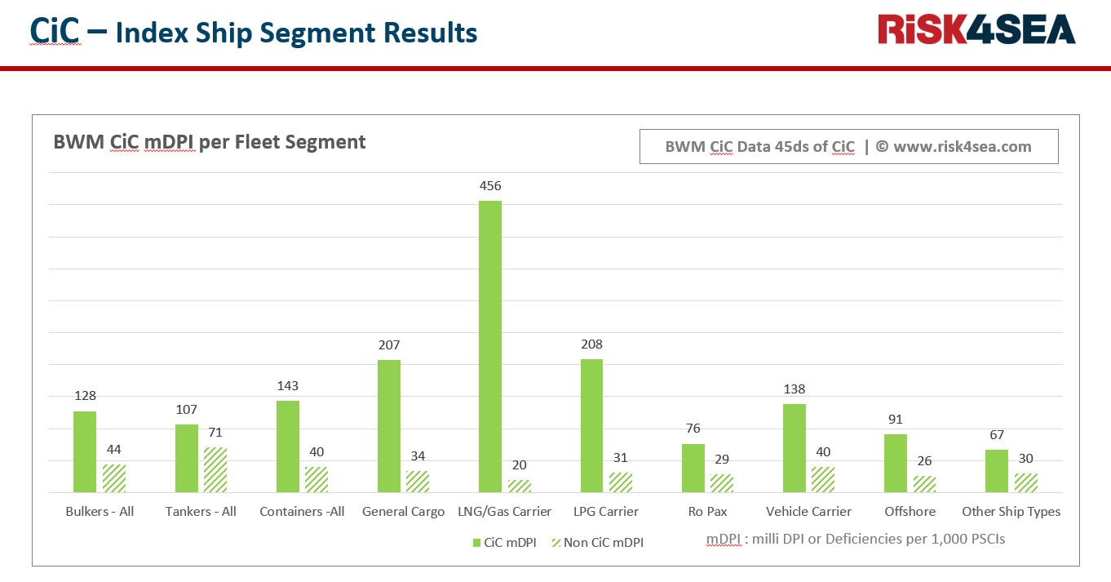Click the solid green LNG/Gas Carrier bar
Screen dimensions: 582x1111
[x=489, y=346]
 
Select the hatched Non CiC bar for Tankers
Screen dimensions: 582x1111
[x=215, y=469]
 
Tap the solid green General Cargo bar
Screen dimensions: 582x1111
[x=389, y=426]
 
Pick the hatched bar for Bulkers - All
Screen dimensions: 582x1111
[x=114, y=478]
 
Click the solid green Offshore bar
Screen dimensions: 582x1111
[x=896, y=463]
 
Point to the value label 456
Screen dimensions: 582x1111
[x=490, y=186]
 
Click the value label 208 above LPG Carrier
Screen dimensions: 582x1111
[x=591, y=344]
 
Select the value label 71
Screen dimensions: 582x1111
[x=215, y=433]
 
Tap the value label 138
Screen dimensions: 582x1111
[x=795, y=389]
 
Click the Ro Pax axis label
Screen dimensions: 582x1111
[x=707, y=512]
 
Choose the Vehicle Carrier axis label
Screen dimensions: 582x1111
[x=808, y=512]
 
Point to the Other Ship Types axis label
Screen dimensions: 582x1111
[x=1011, y=512]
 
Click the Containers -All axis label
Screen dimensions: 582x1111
[x=302, y=512]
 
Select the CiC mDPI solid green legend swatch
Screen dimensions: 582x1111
[x=476, y=542]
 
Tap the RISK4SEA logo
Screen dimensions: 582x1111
[x=976, y=29]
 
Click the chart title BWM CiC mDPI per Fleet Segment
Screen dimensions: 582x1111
[x=210, y=142]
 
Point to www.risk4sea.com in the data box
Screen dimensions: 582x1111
[x=962, y=147]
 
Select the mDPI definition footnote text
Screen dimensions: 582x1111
[x=856, y=539]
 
